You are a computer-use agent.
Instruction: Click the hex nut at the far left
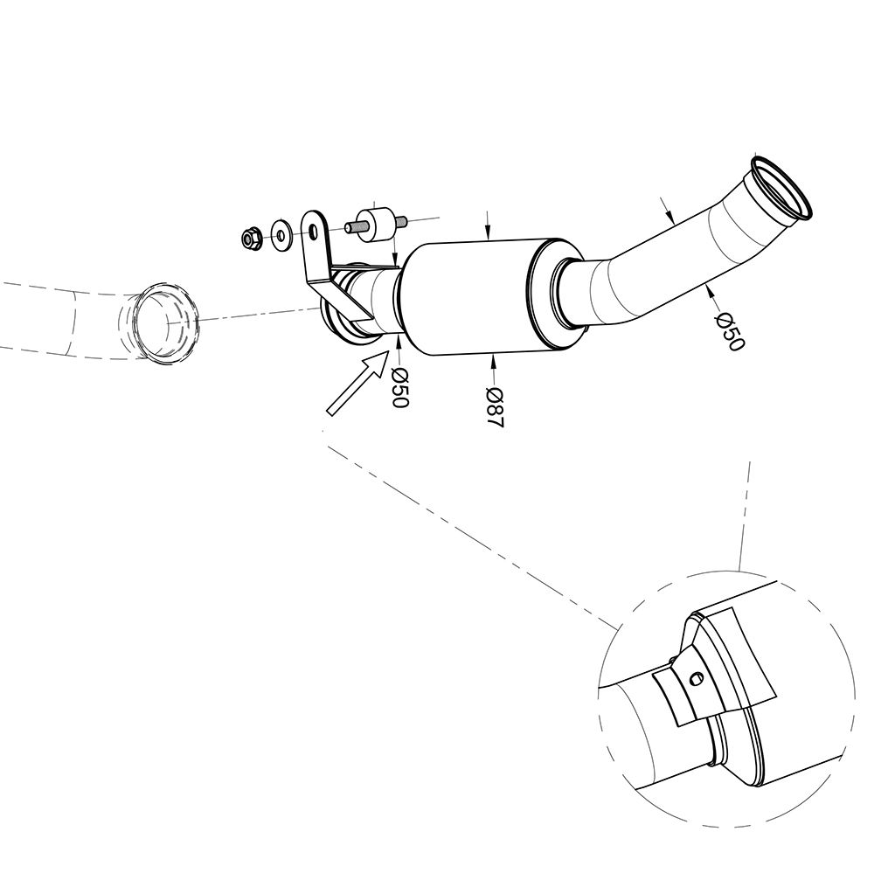[251, 238]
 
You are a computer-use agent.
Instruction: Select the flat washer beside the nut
[281, 233]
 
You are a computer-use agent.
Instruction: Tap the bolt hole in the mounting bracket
[313, 232]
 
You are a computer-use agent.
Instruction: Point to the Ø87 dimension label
[495, 407]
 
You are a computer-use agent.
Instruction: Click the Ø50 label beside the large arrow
[400, 386]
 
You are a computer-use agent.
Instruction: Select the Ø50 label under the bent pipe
[729, 332]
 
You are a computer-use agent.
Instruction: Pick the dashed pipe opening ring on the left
[165, 322]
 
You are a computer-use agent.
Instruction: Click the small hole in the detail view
[697, 679]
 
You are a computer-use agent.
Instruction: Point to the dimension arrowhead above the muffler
[487, 232]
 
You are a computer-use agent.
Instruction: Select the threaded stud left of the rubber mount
[352, 227]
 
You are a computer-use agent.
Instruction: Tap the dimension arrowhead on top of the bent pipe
[670, 217]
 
